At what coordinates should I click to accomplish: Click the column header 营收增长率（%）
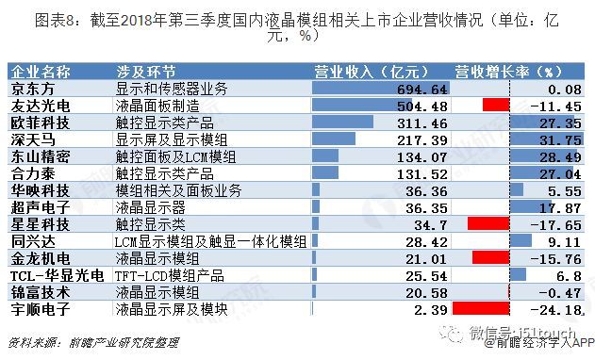(509, 71)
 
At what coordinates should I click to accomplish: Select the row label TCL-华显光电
(48, 274)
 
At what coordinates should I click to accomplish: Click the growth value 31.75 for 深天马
(561, 139)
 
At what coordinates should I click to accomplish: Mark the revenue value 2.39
(429, 308)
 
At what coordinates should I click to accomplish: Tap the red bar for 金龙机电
(490, 257)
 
